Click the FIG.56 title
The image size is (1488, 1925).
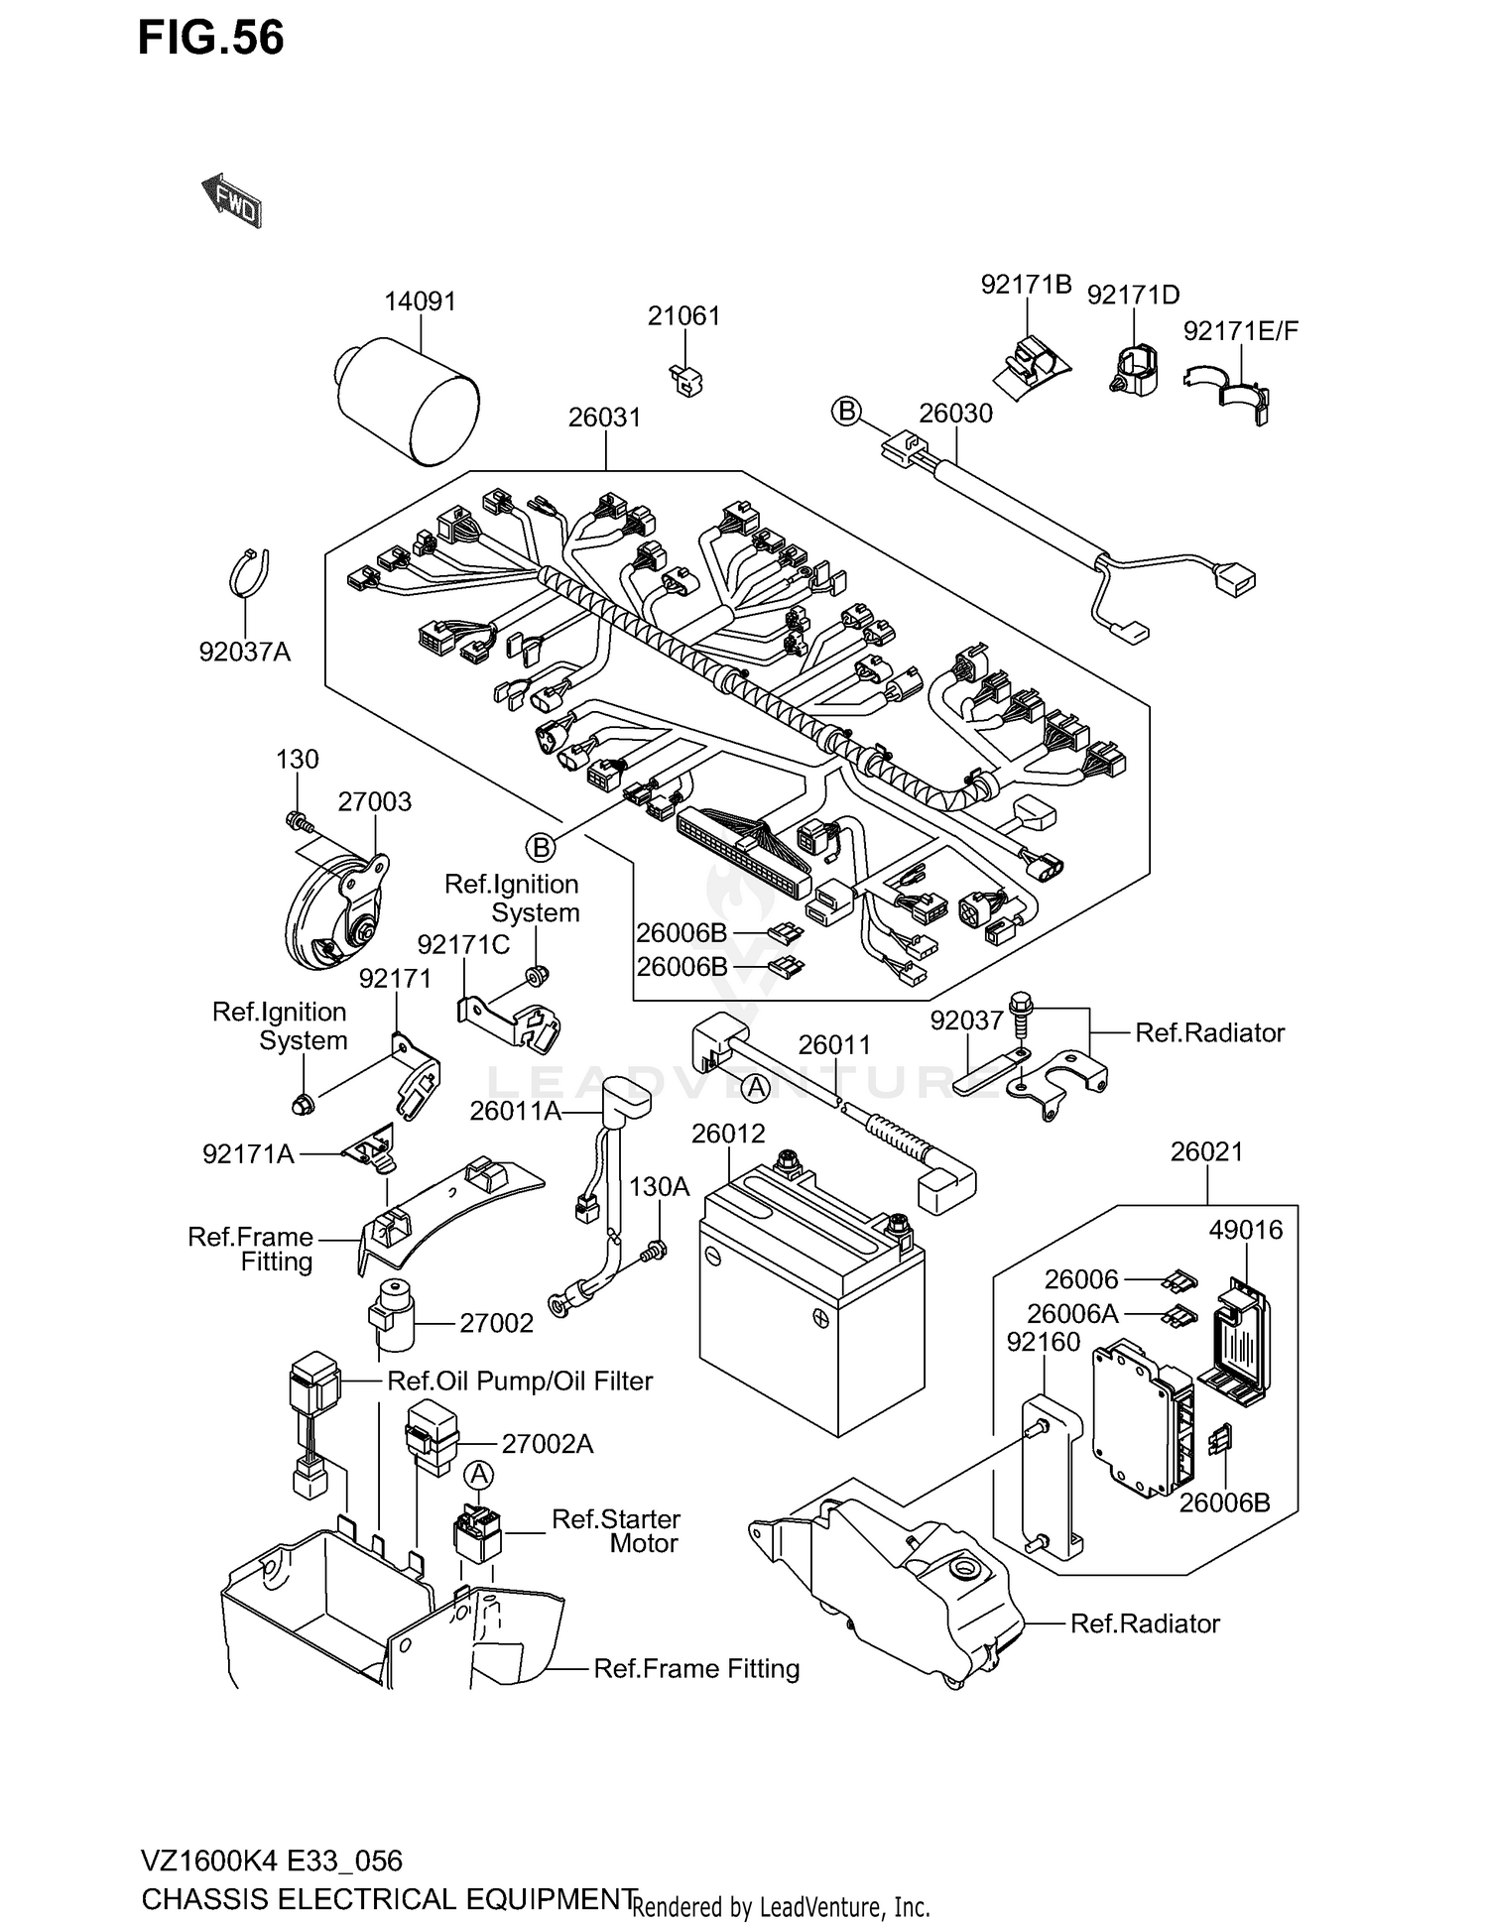[210, 38]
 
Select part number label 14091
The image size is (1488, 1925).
[420, 301]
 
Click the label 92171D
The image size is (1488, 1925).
[1133, 296]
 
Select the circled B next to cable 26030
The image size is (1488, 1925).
[846, 411]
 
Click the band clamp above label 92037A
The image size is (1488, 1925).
[250, 572]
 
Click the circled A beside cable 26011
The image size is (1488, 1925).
[756, 1088]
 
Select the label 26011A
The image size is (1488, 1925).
[515, 1111]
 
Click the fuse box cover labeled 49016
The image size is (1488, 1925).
[1235, 1344]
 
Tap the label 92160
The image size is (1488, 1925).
[1043, 1342]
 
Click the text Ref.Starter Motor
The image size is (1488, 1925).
[616, 1531]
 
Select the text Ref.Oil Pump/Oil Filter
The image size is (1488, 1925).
[519, 1381]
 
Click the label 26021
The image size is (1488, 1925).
[1206, 1151]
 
